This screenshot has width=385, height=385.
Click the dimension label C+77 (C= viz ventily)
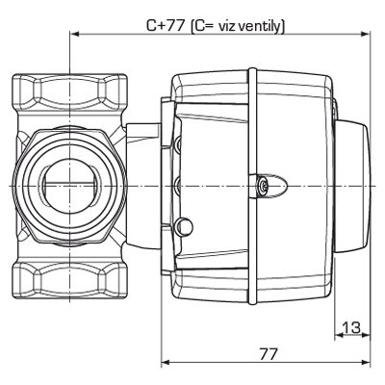pyautogui.click(x=217, y=25)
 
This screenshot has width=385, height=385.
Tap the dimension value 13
pyautogui.click(x=351, y=327)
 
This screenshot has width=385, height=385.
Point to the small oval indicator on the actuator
pyautogui.click(x=269, y=184)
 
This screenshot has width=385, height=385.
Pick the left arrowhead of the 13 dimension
pyautogui.click(x=338, y=337)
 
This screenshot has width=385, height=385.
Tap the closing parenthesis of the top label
pyautogui.click(x=282, y=25)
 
